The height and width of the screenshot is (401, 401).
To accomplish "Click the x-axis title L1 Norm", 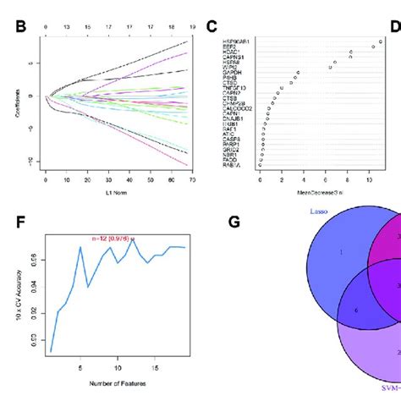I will [117, 195].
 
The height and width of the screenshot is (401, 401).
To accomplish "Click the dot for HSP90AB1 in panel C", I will [381, 41].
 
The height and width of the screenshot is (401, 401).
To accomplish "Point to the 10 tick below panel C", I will [369, 179].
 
